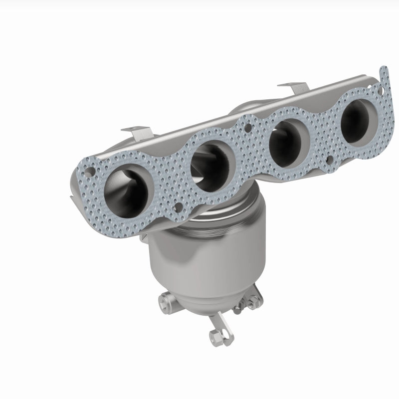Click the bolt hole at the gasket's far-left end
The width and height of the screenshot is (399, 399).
pyautogui.click(x=89, y=172)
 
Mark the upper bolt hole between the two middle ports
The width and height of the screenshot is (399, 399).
pyautogui.click(x=248, y=128)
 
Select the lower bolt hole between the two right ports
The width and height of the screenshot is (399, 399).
pyautogui.click(x=330, y=160)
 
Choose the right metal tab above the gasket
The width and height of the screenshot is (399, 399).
pyautogui.click(x=290, y=87)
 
